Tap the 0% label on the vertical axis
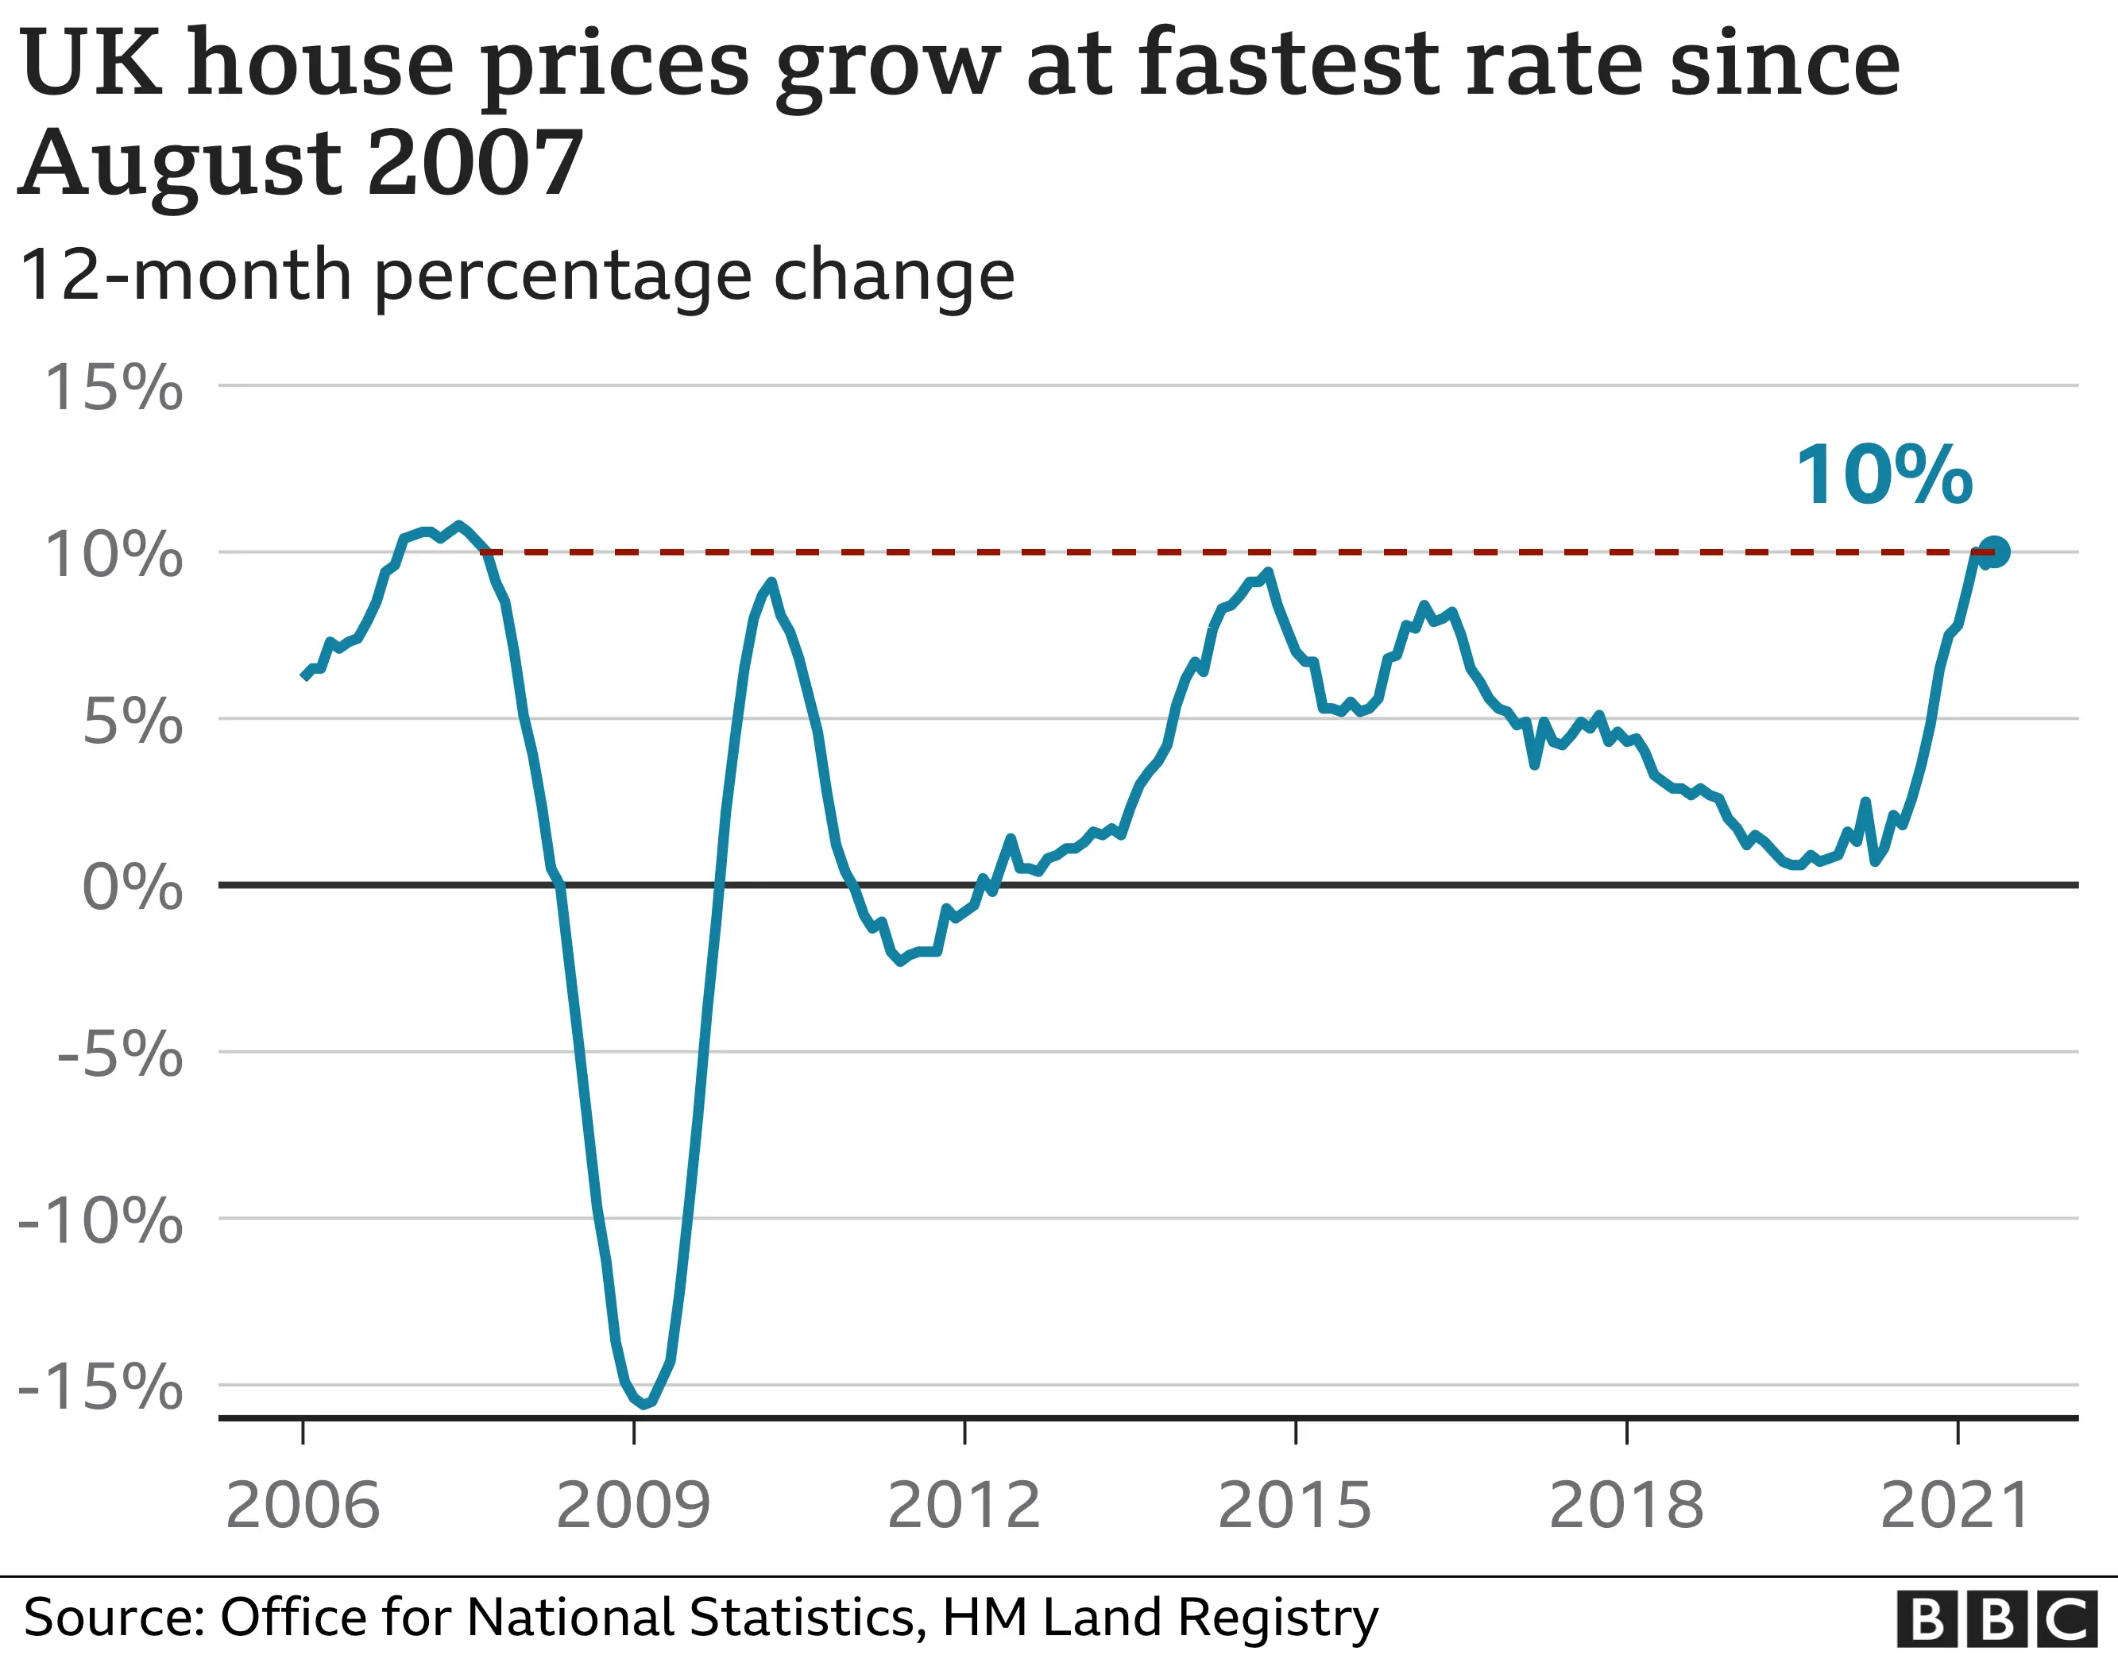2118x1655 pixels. pos(132,887)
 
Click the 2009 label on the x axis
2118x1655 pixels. pos(633,1506)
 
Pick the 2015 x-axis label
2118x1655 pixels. pos(1295,1506)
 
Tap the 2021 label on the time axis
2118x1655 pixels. pos(1955,1506)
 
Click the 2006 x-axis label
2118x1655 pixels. pos(303,1506)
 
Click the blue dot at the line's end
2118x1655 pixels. pos(1994,552)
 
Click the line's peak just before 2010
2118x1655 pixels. pos(771,582)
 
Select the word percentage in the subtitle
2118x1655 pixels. pos(562,276)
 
